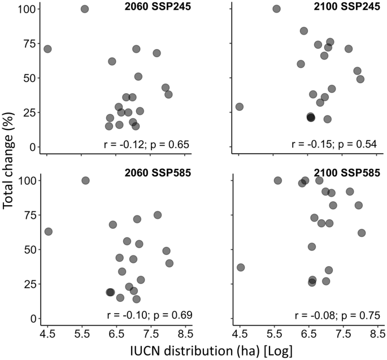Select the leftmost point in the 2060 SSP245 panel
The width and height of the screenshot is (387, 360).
(x=47, y=49)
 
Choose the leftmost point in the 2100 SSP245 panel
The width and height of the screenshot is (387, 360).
(x=240, y=107)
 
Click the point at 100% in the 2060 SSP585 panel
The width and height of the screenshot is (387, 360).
(x=85, y=180)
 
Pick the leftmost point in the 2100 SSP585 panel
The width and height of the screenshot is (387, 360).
(x=241, y=267)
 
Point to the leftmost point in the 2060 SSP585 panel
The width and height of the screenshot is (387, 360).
(x=49, y=232)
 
